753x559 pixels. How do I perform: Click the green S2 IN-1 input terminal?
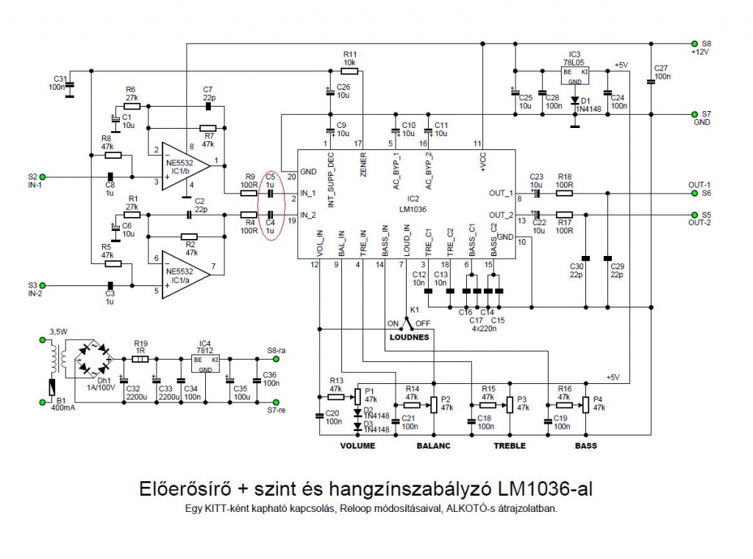pos(43,177)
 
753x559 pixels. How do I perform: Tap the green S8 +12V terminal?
pos(693,43)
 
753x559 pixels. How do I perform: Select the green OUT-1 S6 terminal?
pos(693,193)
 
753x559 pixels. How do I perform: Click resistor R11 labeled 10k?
pos(349,71)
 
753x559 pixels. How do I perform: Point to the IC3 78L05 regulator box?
pos(575,74)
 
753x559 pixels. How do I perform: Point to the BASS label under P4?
pos(586,446)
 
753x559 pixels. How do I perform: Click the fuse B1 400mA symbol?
pos(50,388)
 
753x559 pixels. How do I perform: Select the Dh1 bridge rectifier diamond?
pos(93,359)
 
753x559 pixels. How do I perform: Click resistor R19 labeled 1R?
pos(140,360)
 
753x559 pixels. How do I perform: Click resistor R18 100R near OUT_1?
pos(565,193)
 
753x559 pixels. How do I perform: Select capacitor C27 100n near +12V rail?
pos(651,82)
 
